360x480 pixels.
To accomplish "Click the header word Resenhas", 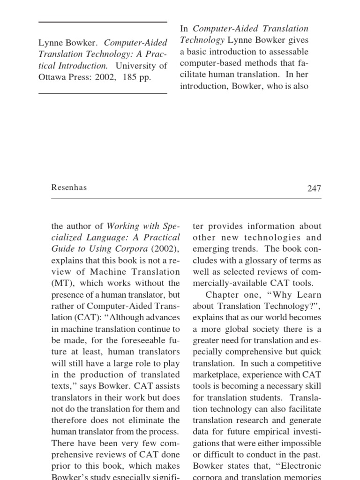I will click(x=69, y=187).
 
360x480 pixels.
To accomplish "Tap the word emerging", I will click(x=209, y=249).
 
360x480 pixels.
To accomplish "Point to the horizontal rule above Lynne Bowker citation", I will click(x=103, y=22).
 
